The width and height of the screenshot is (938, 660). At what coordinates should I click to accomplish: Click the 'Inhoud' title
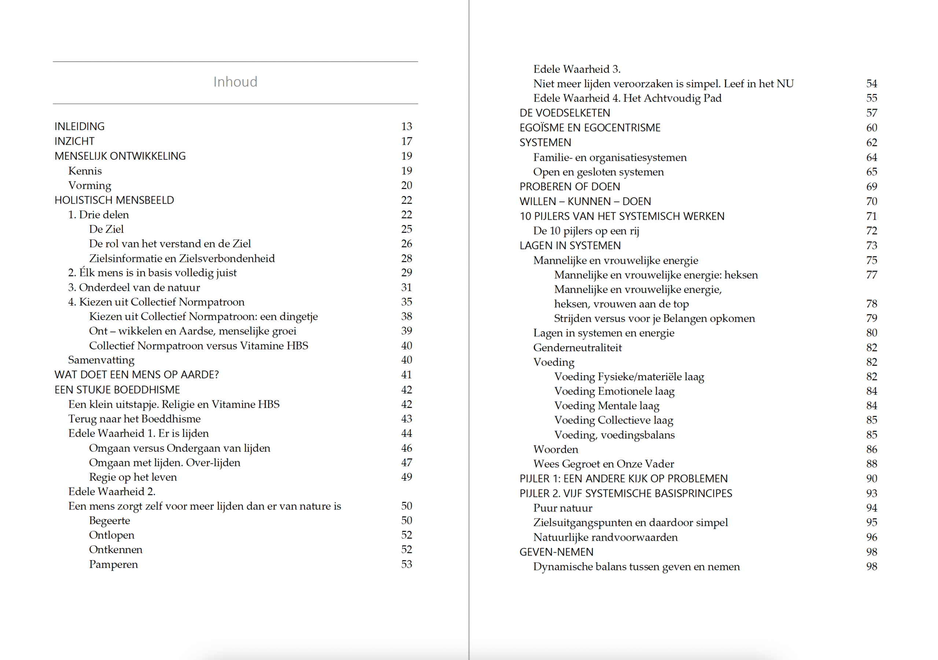click(235, 82)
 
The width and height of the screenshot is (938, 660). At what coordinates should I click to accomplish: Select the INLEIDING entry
click(80, 127)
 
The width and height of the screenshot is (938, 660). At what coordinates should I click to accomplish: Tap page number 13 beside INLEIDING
click(406, 127)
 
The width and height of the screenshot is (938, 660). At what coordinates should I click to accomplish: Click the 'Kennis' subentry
click(85, 171)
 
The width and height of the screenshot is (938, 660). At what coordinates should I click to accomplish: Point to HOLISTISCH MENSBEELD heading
click(114, 200)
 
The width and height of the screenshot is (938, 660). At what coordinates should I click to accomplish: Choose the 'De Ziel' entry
click(106, 229)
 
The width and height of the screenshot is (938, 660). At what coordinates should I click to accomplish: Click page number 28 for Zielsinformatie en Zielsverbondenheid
click(406, 258)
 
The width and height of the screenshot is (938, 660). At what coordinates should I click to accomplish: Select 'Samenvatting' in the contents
click(101, 360)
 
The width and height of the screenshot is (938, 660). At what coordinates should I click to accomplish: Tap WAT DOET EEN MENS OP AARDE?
click(137, 375)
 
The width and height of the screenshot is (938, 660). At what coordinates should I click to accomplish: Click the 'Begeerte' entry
click(110, 520)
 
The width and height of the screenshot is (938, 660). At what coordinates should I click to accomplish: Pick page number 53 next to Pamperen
click(406, 564)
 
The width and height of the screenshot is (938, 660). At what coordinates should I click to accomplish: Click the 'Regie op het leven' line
click(133, 477)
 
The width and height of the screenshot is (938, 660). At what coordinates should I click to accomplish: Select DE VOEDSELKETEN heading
click(565, 113)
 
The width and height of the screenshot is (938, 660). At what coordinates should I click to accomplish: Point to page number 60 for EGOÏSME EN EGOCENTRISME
click(871, 128)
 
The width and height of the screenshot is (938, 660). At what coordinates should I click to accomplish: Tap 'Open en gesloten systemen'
click(598, 172)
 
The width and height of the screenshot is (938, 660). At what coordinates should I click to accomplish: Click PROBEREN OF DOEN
click(569, 187)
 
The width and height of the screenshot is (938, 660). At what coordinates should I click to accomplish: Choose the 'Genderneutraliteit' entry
click(577, 348)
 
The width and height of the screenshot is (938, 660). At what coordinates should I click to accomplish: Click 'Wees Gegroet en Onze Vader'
click(603, 464)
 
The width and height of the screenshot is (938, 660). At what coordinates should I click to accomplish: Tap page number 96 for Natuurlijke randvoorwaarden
click(871, 537)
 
